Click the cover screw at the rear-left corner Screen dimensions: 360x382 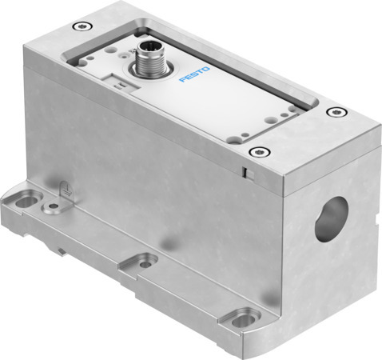click(77, 26)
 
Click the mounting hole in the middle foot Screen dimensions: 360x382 click(145, 262)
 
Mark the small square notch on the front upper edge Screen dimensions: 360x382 click(247, 172)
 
